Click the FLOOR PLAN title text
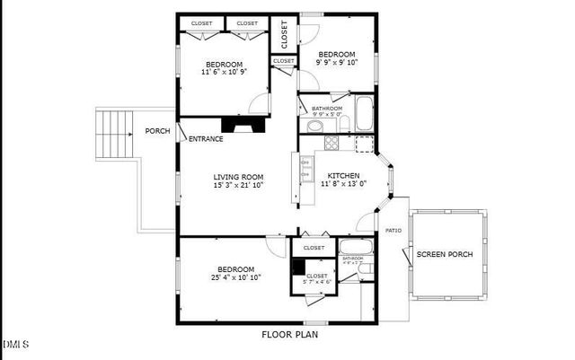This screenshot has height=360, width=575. (x=289, y=335)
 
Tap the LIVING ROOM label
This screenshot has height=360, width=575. (x=238, y=176)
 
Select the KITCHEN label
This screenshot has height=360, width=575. (x=343, y=176)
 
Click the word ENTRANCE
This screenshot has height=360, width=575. (x=206, y=138)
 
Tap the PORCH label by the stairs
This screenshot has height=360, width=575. (x=157, y=131)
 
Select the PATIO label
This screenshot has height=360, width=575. (x=394, y=231)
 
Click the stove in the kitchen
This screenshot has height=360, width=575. (x=331, y=142)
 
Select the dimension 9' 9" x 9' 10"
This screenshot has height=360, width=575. (x=337, y=64)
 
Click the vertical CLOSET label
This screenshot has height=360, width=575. (x=284, y=35)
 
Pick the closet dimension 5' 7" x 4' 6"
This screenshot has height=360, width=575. (x=317, y=282)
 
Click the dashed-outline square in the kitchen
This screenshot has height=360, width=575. (x=364, y=142)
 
